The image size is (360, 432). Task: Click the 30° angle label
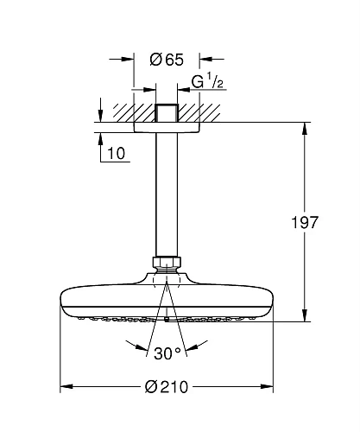pyautogui.click(x=166, y=353)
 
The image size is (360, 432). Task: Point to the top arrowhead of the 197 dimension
pyautogui.click(x=306, y=130)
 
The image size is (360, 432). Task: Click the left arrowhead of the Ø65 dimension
pyautogui.click(x=129, y=60)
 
